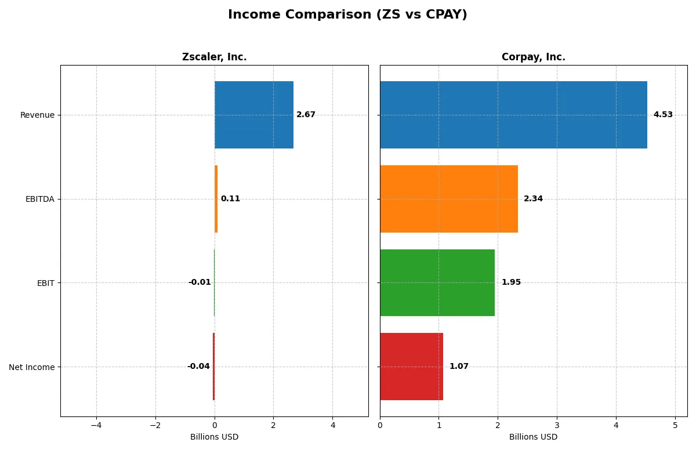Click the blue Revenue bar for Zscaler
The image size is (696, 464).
pos(254,115)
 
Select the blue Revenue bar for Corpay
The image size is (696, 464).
pos(513,115)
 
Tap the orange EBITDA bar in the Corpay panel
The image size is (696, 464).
pos(449,199)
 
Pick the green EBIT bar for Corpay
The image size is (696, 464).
pos(437,282)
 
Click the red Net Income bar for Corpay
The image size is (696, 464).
pos(411,367)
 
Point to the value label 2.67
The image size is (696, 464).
pos(306,115)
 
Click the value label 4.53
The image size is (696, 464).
pos(663,115)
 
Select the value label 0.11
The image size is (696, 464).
pos(230,199)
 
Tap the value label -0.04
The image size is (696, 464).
pos(198,367)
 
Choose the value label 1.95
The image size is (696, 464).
pos(511,282)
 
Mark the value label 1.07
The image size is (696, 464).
pos(459,367)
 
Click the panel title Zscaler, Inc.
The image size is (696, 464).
pos(214,57)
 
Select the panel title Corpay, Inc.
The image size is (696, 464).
pos(533,57)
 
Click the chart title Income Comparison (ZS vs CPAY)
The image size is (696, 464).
pos(347,14)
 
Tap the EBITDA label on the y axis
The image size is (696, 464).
pos(40,199)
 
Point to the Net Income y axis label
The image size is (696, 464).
pos(32,367)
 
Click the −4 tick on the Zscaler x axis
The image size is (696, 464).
pos(96,425)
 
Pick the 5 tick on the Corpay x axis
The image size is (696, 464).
pos(675,425)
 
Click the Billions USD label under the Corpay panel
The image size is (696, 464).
pos(533,437)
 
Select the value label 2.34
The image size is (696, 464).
pos(533,199)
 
